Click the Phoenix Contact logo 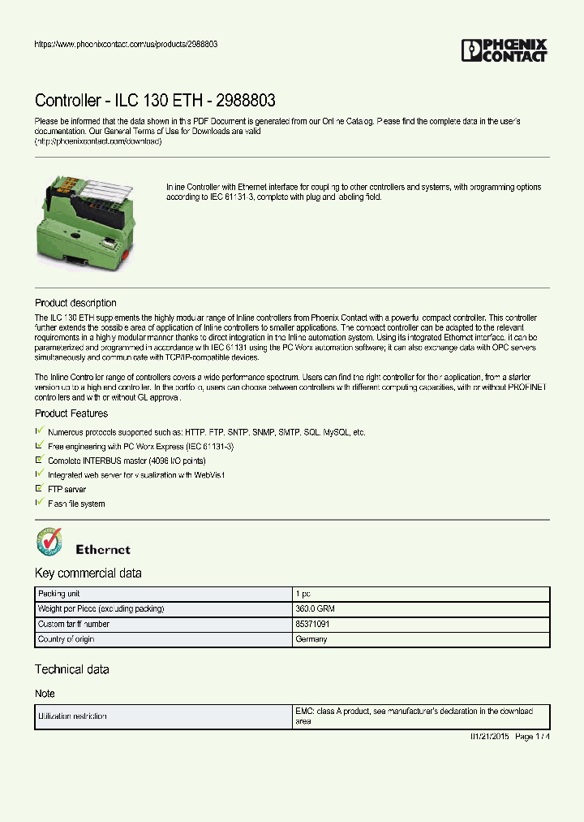[x=504, y=50]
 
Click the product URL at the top [x=125, y=44]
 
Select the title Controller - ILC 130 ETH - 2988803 [x=155, y=101]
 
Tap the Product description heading [x=75, y=303]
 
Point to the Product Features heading [x=71, y=413]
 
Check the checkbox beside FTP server [x=39, y=489]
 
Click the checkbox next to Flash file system [x=39, y=504]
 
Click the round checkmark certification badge [x=49, y=543]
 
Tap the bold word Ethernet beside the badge [x=102, y=550]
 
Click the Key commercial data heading [x=88, y=573]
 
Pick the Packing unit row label [x=59, y=595]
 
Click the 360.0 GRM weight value [x=315, y=609]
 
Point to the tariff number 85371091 [x=312, y=625]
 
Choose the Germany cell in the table [x=311, y=639]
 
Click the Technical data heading [x=71, y=669]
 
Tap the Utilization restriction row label [x=72, y=716]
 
